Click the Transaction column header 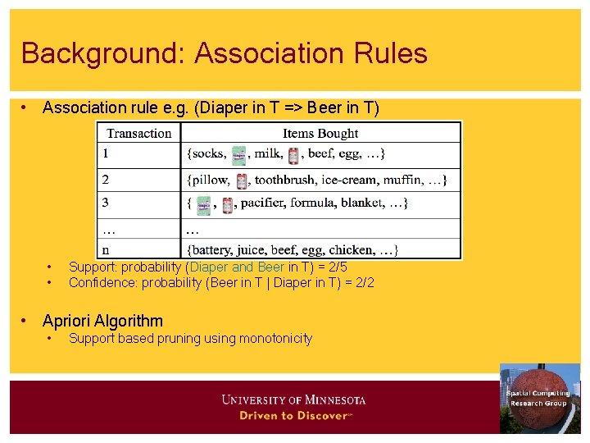coord(139,133)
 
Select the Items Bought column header coord(320,133)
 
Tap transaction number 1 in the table coord(106,153)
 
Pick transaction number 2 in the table coord(106,179)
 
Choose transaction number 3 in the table coord(106,202)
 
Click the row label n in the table coord(106,249)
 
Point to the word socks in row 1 coord(208,153)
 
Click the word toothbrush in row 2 coord(285,180)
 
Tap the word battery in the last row coord(215,249)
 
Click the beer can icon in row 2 coord(242,180)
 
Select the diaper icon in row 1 coord(238,155)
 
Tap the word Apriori coord(67,321)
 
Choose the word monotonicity coord(275,338)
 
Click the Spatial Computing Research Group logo coord(539,398)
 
